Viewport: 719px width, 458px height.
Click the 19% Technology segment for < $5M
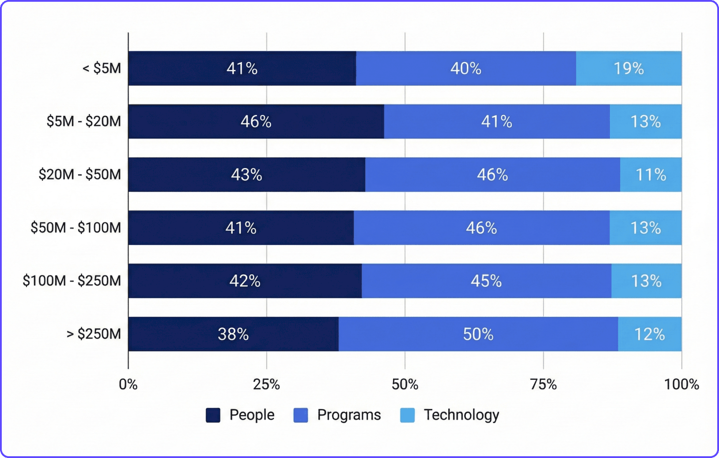pyautogui.click(x=628, y=69)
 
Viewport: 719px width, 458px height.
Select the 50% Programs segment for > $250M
pyautogui.click(x=478, y=334)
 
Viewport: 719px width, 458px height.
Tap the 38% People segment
pyautogui.click(x=233, y=334)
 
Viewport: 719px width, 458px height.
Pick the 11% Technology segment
pyautogui.click(x=651, y=175)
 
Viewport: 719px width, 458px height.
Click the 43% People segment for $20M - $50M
pyautogui.click(x=246, y=175)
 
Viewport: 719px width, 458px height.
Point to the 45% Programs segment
pyautogui.click(x=486, y=281)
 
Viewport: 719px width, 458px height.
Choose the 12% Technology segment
pyautogui.click(x=650, y=334)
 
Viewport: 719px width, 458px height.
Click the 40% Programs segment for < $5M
pyautogui.click(x=465, y=69)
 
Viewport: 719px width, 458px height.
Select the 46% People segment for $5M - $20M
pyautogui.click(x=256, y=122)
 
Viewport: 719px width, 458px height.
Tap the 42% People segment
pyautogui.click(x=245, y=281)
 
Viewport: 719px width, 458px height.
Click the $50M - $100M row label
pyautogui.click(x=76, y=228)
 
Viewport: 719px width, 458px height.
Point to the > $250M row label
pyautogui.click(x=94, y=334)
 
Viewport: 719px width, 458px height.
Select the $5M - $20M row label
pyautogui.click(x=83, y=121)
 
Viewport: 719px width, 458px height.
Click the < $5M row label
pyautogui.click(x=102, y=69)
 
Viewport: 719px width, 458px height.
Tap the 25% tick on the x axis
pyautogui.click(x=266, y=384)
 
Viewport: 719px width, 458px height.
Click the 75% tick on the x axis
pyautogui.click(x=543, y=384)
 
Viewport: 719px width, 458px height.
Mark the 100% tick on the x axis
pyautogui.click(x=681, y=384)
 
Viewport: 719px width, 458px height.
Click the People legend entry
pyautogui.click(x=241, y=415)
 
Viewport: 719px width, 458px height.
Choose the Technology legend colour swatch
pyautogui.click(x=407, y=415)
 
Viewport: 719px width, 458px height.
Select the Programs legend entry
pyautogui.click(x=337, y=415)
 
